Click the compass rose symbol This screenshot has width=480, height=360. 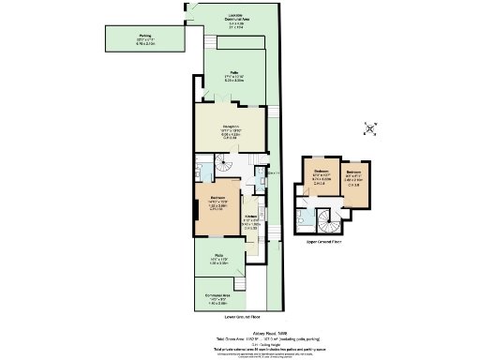371,128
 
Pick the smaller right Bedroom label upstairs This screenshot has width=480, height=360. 353,175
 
